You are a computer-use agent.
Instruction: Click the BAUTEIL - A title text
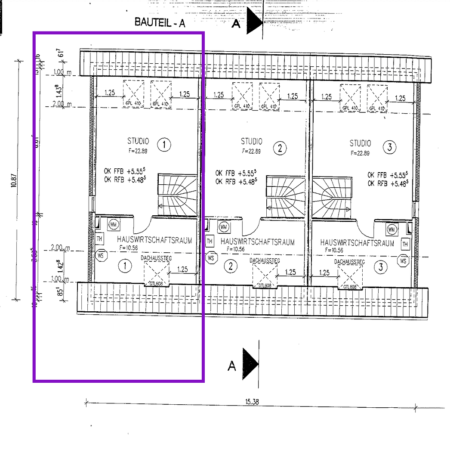point(160,23)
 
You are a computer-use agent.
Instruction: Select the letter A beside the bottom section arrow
point(232,366)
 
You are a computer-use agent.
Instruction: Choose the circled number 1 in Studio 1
point(163,146)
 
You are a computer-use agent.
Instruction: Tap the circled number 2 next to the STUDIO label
point(280,149)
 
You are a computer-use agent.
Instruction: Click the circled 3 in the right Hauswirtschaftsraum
point(380,267)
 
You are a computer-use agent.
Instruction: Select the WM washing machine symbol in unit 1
point(114,224)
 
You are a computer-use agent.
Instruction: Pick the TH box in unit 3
point(405,244)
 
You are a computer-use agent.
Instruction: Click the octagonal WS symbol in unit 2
point(210,258)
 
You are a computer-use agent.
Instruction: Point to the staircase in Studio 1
point(177,195)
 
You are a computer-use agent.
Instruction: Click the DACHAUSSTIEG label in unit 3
point(349,261)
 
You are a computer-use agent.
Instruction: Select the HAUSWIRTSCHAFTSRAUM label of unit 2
point(257,242)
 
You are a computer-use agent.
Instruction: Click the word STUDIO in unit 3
point(360,143)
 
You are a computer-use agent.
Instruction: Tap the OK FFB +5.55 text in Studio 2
point(236,173)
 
